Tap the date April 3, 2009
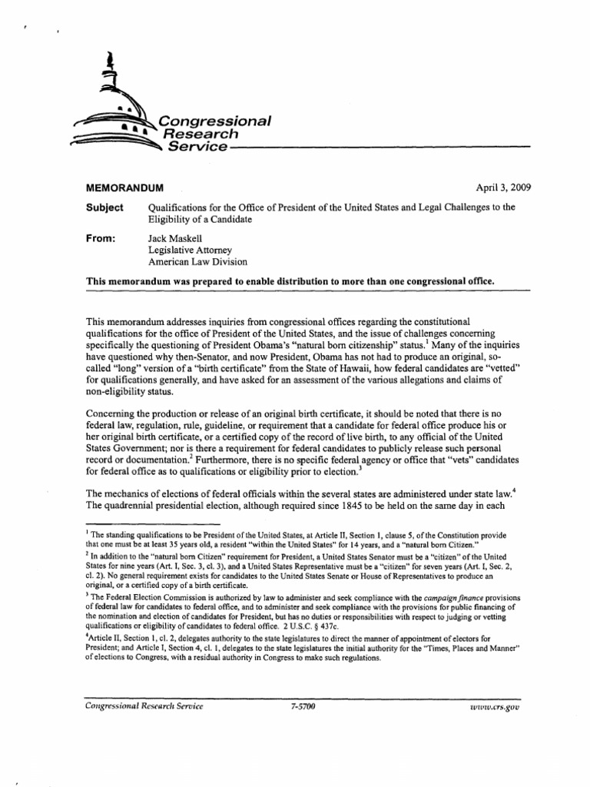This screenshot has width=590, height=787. [x=503, y=187]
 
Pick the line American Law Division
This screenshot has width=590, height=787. [x=197, y=262]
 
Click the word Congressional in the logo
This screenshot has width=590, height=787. [x=213, y=121]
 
